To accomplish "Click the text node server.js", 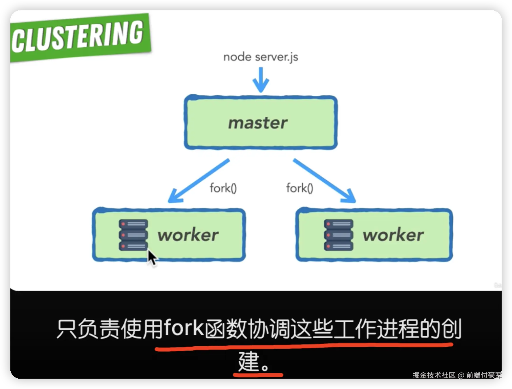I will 261,57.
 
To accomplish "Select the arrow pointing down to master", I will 261,80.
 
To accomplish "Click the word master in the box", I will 258,123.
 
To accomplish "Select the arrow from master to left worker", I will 199,180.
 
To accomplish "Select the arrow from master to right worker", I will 324,180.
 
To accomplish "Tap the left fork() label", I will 223,188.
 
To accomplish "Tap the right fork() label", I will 300,188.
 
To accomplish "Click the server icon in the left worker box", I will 133,235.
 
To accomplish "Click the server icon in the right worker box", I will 338,235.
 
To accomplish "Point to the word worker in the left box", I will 188,235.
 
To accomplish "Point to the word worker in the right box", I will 393,235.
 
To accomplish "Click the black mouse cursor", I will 152,257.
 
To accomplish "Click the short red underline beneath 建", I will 258,375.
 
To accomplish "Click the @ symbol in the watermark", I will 461,375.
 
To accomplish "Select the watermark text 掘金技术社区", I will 434,375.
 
